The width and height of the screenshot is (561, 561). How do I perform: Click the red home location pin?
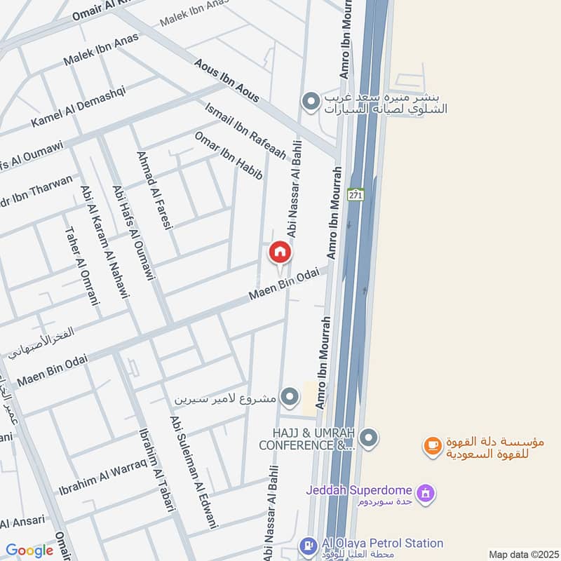click(x=280, y=252)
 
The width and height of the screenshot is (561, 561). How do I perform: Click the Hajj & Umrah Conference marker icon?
click(x=370, y=439)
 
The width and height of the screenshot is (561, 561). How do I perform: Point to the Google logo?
click(x=29, y=550)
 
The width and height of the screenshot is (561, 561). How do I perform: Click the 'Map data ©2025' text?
click(x=522, y=554)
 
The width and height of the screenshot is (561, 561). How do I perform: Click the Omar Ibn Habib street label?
click(x=228, y=156)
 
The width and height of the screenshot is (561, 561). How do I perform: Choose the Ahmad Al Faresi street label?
click(x=155, y=189)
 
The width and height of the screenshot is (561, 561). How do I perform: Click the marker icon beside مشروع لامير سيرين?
click(x=289, y=398)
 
